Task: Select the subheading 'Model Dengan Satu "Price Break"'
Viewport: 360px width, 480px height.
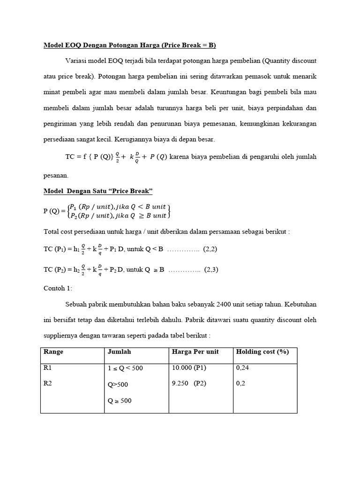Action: (x=98, y=191)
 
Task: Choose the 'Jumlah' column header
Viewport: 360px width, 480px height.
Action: (x=120, y=352)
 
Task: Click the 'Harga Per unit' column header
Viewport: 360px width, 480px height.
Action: (x=195, y=352)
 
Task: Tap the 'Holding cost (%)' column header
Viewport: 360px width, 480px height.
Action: (x=262, y=352)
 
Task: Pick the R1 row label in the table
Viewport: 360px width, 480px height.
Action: (x=48, y=368)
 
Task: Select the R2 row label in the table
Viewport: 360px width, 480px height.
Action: (x=48, y=383)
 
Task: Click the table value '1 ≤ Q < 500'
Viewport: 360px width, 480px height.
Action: (x=125, y=368)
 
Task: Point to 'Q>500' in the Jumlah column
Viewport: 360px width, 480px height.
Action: (x=118, y=385)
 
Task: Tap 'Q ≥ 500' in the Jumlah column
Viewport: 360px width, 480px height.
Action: (x=120, y=401)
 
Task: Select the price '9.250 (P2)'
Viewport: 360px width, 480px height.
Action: (x=189, y=383)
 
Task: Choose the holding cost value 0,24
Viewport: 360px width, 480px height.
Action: (x=242, y=368)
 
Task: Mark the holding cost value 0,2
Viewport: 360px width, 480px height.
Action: (x=240, y=383)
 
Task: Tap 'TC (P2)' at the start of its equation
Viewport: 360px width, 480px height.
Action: (x=54, y=270)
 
